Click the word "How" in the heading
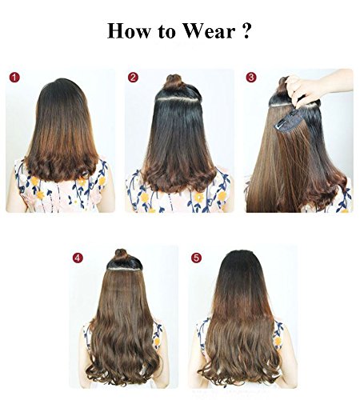pos(130,32)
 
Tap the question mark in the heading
pos(250,32)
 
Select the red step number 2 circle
pos(133,78)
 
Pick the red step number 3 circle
pos(251,78)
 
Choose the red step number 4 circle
pos(78,258)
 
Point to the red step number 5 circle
pos(196,258)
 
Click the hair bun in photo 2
pos(173,83)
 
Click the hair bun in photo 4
pos(121,257)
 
